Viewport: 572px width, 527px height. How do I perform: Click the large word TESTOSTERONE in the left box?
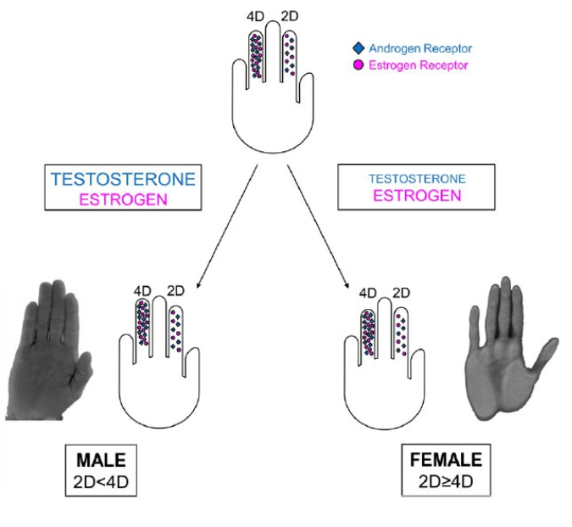[123, 180]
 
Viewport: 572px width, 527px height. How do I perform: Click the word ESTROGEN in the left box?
[123, 199]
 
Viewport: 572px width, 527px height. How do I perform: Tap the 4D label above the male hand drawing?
[142, 290]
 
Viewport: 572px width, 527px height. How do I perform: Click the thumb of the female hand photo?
[542, 353]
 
